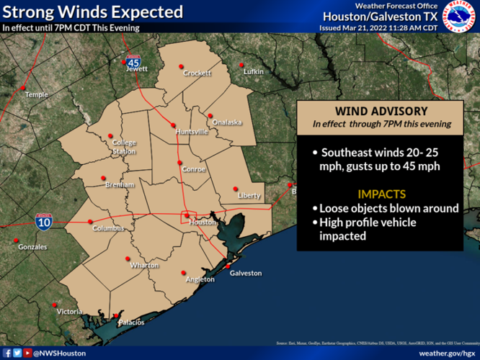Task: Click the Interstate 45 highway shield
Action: [x=133, y=62]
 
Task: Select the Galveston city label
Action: [x=245, y=274]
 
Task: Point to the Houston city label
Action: [x=203, y=222]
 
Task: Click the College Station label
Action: [x=123, y=147]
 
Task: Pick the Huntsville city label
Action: [x=191, y=132]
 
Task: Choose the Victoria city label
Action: [x=70, y=312]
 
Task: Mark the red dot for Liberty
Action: [x=237, y=188]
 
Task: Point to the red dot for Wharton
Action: [x=128, y=258]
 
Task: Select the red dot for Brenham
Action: [x=103, y=177]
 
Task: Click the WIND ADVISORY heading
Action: [x=381, y=111]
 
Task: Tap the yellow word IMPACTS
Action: [x=381, y=194]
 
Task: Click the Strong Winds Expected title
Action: [x=92, y=12]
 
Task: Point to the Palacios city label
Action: [x=132, y=322]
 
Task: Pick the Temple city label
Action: [x=36, y=95]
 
